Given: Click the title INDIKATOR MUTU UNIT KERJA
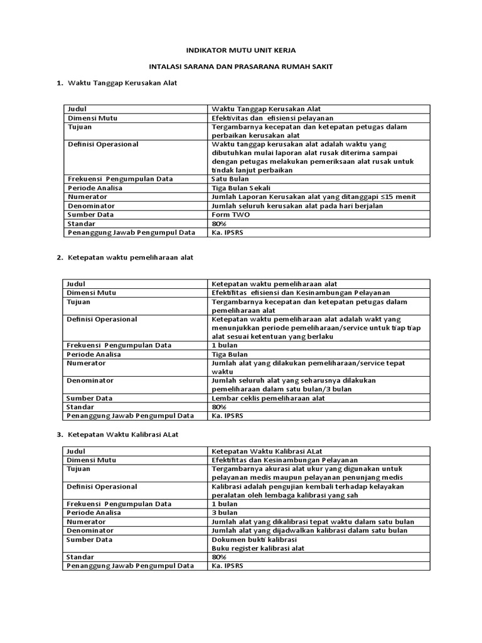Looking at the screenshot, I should click(x=240, y=49).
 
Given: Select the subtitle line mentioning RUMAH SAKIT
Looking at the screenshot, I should click(x=240, y=66).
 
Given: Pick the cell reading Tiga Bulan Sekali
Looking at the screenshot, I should click(x=242, y=188).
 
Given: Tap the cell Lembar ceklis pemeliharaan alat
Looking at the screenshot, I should click(x=268, y=398).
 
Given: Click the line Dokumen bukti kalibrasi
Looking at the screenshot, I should click(x=254, y=539).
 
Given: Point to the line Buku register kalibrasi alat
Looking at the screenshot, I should click(x=258, y=548).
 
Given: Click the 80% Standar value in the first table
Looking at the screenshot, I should click(x=218, y=223).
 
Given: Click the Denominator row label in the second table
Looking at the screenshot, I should click(x=91, y=381).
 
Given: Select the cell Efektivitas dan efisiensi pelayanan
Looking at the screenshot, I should click(x=272, y=117).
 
